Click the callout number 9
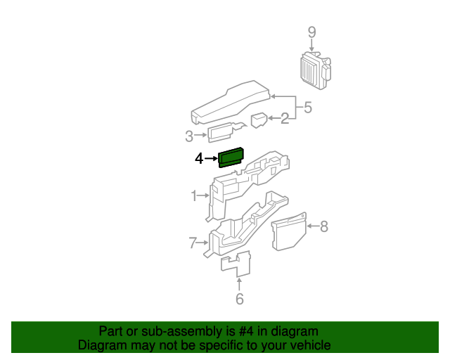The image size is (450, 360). coord(311,32)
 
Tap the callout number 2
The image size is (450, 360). coord(284,119)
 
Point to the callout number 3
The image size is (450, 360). coord(189,136)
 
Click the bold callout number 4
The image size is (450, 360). coord(199,159)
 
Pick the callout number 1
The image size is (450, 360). coord(194,195)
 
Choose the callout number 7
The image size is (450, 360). coord(193,243)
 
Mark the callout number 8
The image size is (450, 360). coord(323,226)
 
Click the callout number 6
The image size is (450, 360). coord(239,299)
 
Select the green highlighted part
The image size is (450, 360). coord(231,157)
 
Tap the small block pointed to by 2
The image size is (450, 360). coord(259,120)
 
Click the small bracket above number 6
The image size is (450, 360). coord(236,263)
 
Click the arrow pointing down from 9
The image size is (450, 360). coord(311,46)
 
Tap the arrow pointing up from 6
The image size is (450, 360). coord(239,283)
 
